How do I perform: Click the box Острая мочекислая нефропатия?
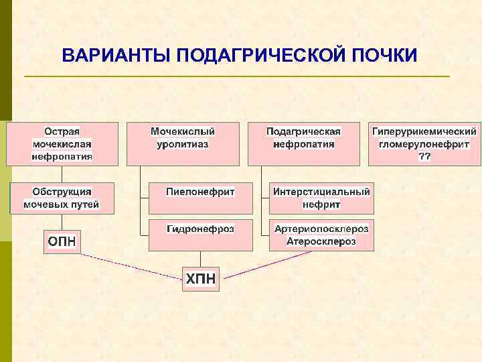62,143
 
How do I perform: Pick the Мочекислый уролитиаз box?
183,143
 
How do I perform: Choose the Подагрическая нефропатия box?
303,143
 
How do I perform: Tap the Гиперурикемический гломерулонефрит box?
424,143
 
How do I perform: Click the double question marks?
424,157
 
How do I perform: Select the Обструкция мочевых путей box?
62,198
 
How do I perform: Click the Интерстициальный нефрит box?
321,198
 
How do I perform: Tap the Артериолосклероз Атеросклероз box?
321,235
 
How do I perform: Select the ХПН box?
200,278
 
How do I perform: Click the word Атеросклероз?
321,241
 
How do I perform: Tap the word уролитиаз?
183,144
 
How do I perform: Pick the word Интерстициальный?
321,192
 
